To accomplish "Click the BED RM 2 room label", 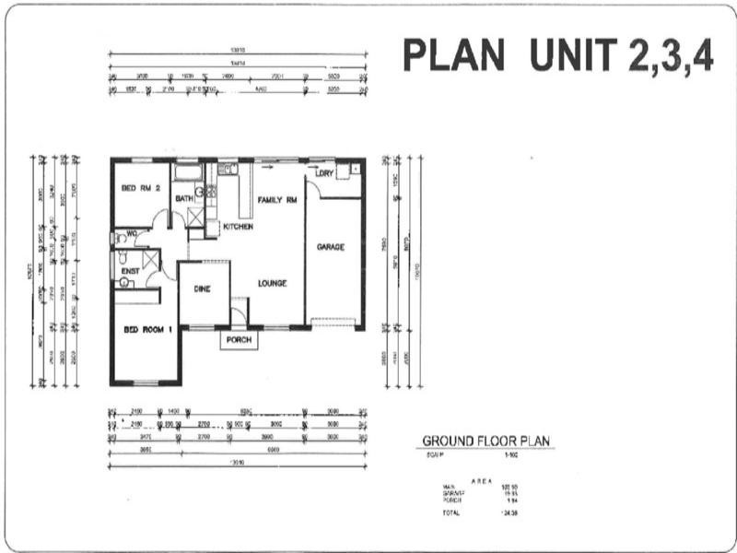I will click(141, 188).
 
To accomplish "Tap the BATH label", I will click(183, 198).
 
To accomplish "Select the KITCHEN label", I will click(238, 226).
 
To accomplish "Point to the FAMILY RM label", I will click(276, 200).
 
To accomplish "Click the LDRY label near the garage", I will click(323, 173).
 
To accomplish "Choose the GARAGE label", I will click(331, 247).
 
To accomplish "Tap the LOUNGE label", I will click(273, 283).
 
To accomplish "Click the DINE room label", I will click(202, 288).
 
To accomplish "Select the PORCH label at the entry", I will click(239, 339).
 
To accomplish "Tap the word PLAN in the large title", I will click(454, 56).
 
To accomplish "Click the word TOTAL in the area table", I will click(450, 512).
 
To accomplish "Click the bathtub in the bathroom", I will click(186, 171).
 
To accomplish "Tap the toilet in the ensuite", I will click(123, 283).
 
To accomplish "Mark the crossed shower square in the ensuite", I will click(150, 259).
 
